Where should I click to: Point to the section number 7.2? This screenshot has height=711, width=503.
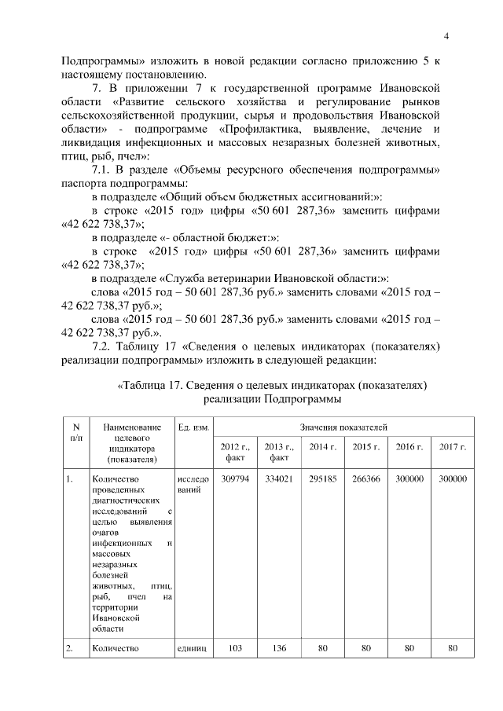coord(105,346)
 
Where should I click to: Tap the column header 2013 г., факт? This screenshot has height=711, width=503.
coord(278,452)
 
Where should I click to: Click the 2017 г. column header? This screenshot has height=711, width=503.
coord(453,447)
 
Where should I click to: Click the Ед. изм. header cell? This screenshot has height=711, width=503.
coord(193,427)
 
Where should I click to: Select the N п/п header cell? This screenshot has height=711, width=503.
coord(76,431)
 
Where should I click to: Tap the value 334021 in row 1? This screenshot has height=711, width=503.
coord(278,478)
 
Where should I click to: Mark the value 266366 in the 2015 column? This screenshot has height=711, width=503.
coord(365,478)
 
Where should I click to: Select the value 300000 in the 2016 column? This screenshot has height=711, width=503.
coord(409,478)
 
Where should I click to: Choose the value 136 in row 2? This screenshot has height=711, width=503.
coord(278,648)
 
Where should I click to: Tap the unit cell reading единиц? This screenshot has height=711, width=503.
coord(193,648)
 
